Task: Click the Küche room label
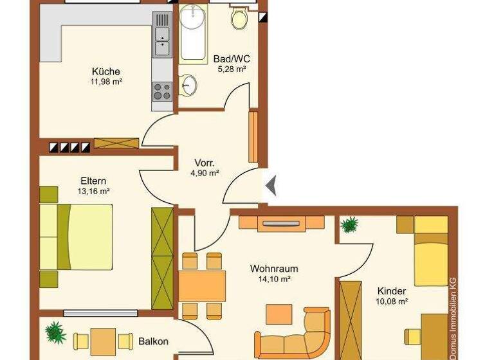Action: click(105, 71)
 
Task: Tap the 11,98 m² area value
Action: click(106, 82)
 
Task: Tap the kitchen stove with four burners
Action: click(161, 92)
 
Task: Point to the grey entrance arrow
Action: click(271, 186)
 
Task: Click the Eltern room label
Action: click(93, 181)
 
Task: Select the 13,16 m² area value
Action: click(94, 191)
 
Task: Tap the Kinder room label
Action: click(392, 291)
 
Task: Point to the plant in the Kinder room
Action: click(349, 224)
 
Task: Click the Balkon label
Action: click(151, 341)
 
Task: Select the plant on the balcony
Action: click(55, 332)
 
